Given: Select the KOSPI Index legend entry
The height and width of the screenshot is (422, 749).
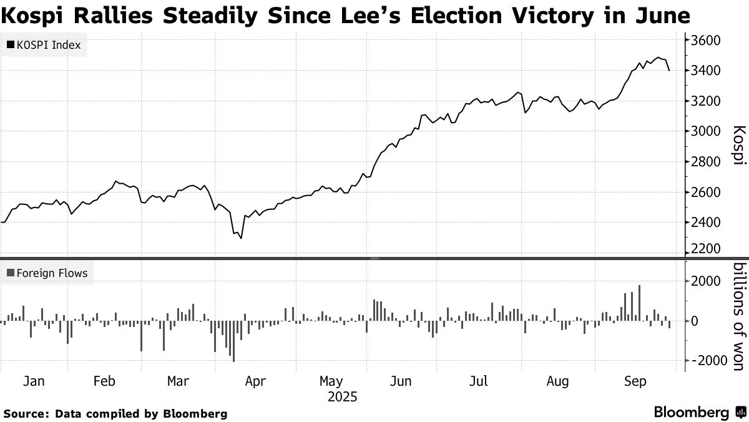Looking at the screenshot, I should (43, 45).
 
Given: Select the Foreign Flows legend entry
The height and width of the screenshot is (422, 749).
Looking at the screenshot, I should (47, 273).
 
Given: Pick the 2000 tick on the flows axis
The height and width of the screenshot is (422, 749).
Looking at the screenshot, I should (706, 281).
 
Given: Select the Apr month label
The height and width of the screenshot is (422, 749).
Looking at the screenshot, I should (256, 381).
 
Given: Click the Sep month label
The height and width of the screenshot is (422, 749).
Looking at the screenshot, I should (635, 381).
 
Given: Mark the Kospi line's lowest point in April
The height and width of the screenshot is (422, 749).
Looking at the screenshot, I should (241, 238).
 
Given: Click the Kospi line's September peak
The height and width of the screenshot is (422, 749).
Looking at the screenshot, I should (658, 58).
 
